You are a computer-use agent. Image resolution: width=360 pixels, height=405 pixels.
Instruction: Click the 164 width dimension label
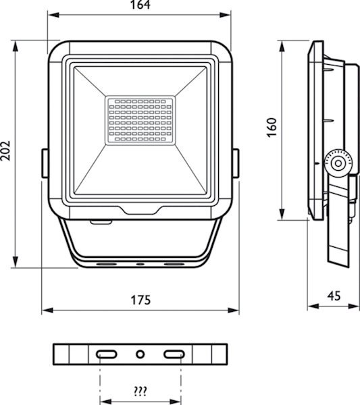pos(140,5)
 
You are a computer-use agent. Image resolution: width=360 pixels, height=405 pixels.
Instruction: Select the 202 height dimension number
pos(5,151)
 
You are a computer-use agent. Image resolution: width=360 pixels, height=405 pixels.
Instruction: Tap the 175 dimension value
pos(140,300)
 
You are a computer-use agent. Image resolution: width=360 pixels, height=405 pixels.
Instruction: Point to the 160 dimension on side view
pos(272,128)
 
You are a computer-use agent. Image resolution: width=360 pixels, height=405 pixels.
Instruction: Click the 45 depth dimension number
pos(334,296)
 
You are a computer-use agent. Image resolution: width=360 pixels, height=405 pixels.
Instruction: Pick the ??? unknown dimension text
pos(140,391)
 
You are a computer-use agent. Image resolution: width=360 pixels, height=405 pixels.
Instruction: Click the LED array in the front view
pos(140,120)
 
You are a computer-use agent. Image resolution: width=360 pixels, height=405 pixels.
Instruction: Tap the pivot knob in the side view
pos(338,163)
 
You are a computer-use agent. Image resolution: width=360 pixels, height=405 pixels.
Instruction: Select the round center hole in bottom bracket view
pos(140,354)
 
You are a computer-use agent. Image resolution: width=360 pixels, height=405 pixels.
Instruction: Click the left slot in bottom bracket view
pos(106,354)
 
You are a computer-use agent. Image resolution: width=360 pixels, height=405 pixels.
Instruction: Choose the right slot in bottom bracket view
pos(174,354)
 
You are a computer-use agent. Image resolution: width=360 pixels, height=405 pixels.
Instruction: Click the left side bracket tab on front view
pos(45,163)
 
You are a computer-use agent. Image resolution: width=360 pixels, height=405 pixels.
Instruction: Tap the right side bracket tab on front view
pos(236,163)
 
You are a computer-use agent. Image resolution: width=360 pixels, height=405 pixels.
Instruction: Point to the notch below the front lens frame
pos(140,210)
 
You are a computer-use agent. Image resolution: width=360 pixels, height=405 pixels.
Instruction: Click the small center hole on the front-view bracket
pos(140,264)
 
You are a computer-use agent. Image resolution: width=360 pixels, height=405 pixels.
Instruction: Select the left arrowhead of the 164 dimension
pos(53,15)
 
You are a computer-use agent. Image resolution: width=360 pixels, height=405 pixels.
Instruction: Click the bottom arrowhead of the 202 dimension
pos(16,261)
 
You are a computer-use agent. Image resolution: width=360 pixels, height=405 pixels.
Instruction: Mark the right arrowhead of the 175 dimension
pos(232,310)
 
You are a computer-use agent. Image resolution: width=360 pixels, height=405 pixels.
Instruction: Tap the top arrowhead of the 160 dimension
pos(282,47)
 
